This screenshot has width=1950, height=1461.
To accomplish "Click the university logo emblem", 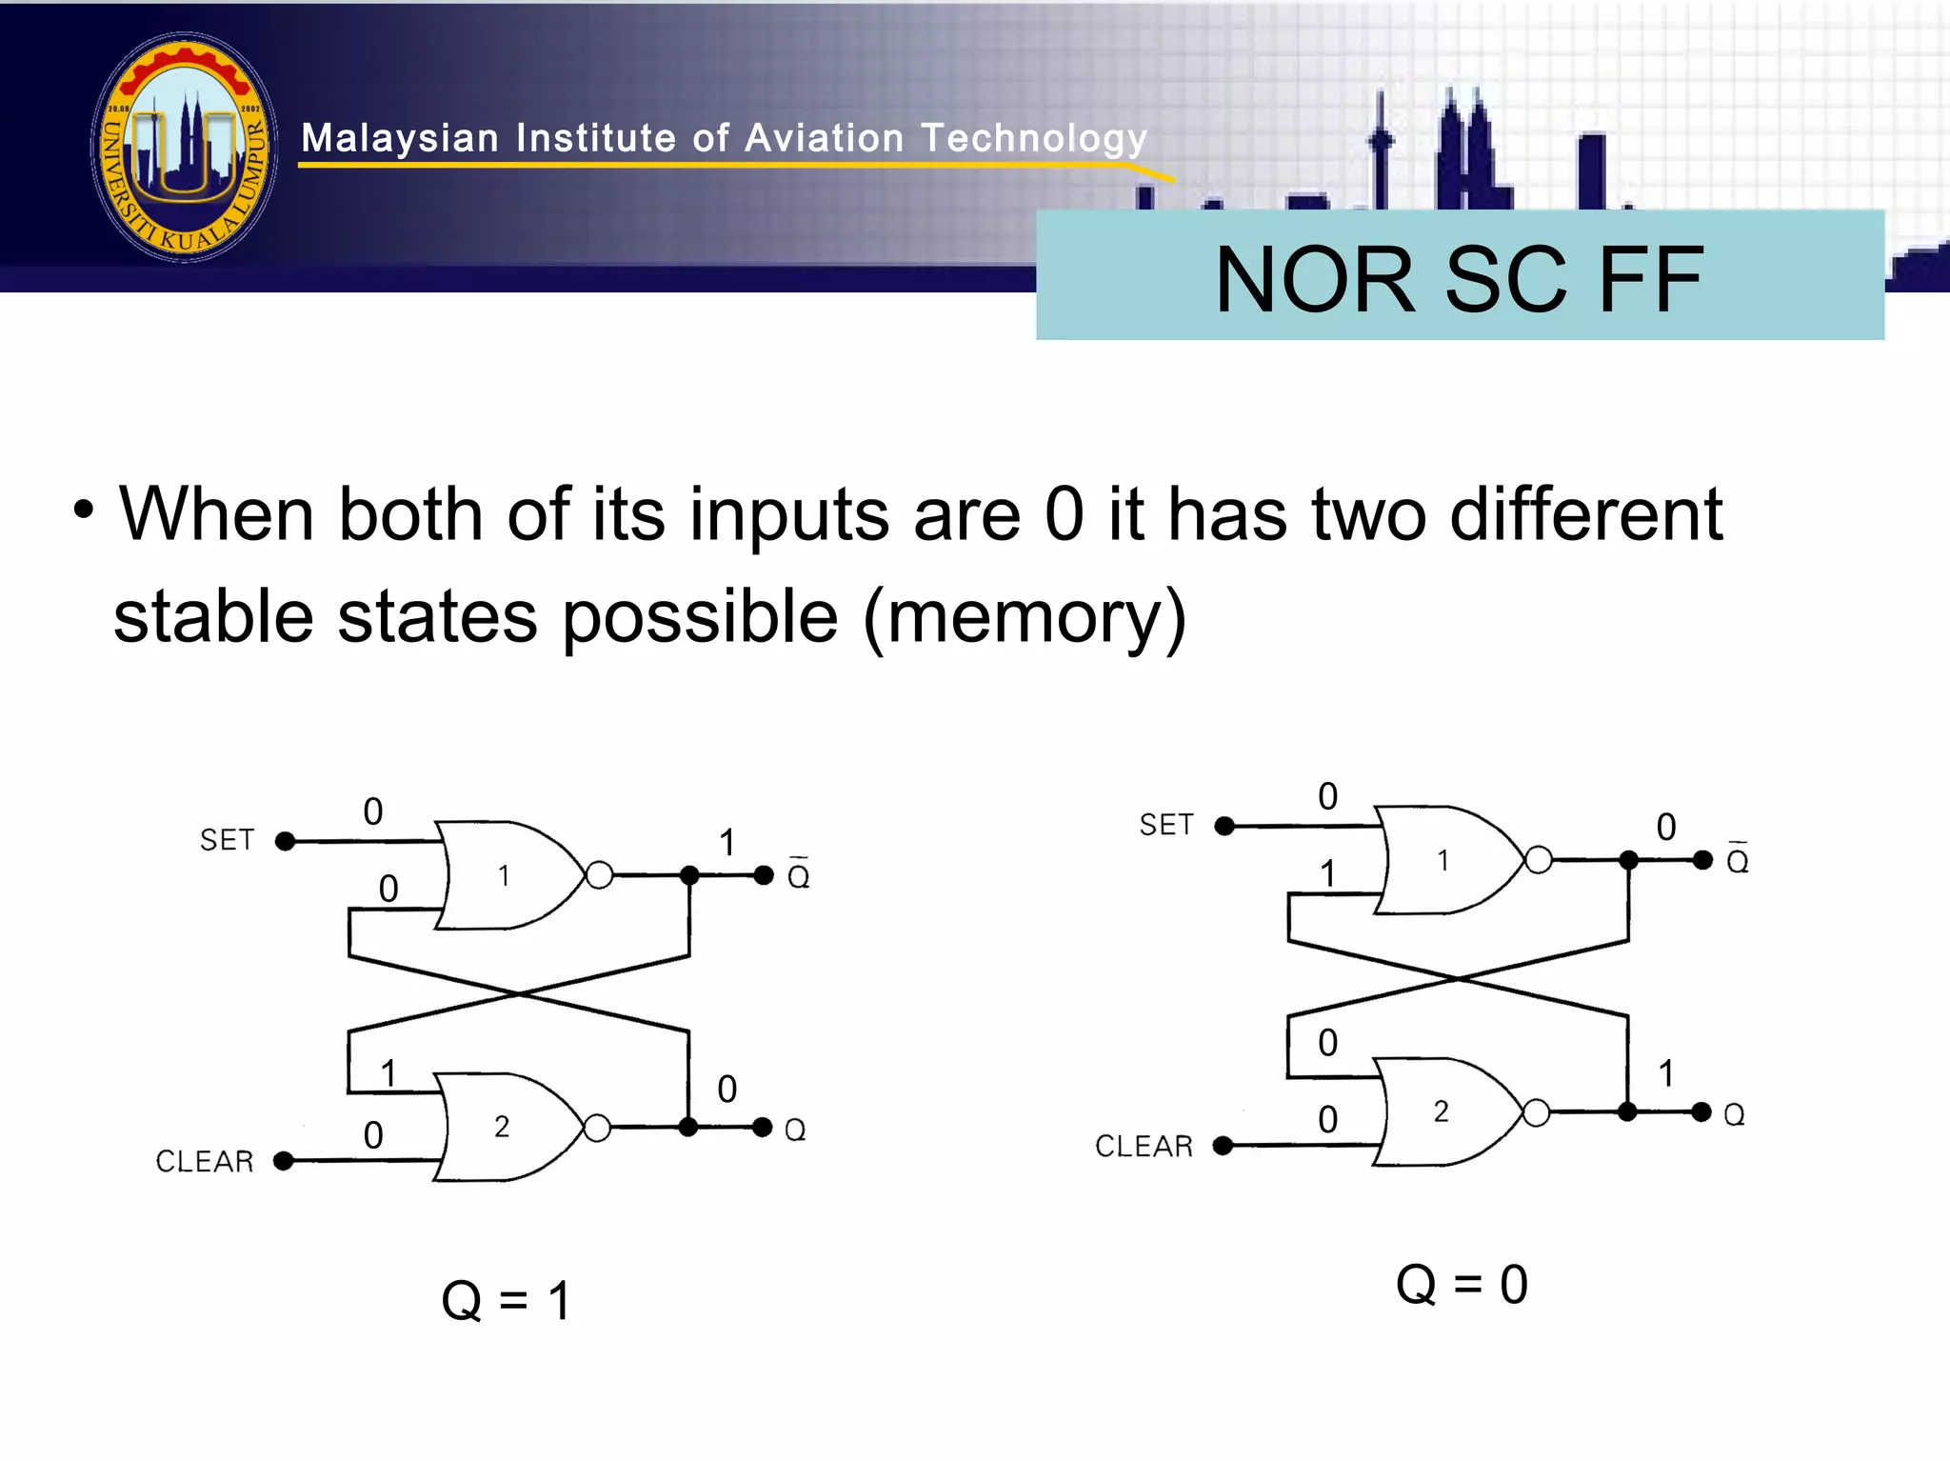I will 185,147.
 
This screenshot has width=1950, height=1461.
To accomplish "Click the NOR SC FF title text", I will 1459,278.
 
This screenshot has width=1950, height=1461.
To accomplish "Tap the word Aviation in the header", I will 824,139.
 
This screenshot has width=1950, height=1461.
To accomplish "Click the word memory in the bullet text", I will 1024,616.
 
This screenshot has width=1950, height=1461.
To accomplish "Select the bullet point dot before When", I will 84,510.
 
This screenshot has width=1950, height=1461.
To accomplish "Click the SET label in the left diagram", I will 227,840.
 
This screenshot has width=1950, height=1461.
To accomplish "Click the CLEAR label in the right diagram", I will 1143,1146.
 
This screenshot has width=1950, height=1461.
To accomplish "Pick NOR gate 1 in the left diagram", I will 505,874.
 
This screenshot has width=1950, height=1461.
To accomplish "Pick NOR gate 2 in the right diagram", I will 1443,1111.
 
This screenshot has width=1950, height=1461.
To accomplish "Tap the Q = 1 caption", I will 506,1300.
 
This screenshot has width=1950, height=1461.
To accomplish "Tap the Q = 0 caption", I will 1461,1284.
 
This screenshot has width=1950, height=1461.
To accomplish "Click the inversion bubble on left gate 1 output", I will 599,874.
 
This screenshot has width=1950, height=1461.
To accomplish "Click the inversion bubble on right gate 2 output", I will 1536,1111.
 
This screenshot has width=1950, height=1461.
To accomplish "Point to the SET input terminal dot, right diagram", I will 1224,826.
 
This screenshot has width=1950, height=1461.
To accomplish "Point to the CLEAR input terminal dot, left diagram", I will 284,1160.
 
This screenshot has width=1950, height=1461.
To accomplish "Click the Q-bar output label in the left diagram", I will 798,874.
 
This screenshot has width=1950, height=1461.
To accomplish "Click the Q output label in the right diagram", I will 1734,1113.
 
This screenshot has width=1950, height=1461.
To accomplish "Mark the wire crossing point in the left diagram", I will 519,993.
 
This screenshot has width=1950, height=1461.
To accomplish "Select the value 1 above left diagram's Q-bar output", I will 727,842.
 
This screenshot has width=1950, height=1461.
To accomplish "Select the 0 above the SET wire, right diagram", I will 1327,796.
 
